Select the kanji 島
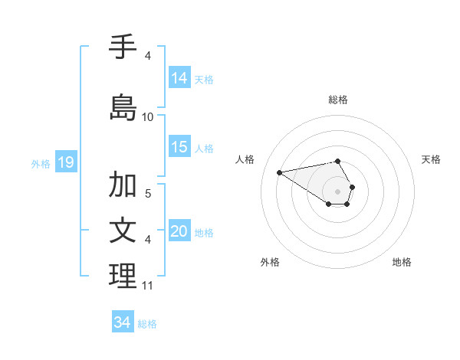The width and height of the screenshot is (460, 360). tap(123, 106)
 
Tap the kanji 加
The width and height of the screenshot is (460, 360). tap(123, 185)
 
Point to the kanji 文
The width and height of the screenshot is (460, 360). tap(123, 231)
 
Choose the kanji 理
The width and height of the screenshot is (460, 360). tap(123, 277)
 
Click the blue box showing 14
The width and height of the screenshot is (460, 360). tap(179, 77)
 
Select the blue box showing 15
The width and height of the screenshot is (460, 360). tap(179, 147)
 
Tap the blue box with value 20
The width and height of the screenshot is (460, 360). tap(179, 231)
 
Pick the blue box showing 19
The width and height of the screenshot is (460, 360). tap(65, 162)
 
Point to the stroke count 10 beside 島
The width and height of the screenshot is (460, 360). tap(148, 117)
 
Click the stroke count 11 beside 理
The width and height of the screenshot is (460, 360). tap(148, 286)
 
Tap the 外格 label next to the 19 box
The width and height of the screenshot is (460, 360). tap(41, 163)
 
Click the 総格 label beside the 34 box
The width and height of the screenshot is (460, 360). tap(147, 324)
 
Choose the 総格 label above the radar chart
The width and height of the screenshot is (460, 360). tap(338, 100)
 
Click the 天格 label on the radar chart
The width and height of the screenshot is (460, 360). tap(431, 159)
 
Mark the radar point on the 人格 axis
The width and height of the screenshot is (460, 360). tap(280, 172)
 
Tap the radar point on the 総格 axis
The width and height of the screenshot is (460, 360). tap(338, 161)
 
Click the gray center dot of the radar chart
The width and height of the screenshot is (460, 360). tap(338, 191)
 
